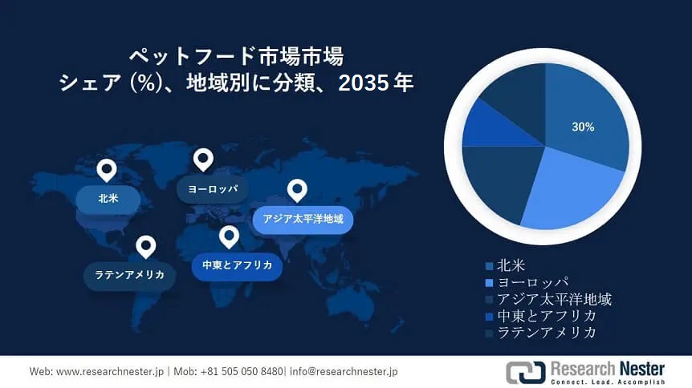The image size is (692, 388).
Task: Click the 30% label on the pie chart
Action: [583, 127]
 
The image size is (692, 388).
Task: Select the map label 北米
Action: [108, 198]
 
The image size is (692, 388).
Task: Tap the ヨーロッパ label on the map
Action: [212, 189]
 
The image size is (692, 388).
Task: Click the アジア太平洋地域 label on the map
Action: [303, 218]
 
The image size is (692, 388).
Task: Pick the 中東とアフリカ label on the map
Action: [237, 265]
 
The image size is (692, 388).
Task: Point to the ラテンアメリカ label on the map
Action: [129, 275]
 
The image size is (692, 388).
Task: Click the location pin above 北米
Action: [106, 170]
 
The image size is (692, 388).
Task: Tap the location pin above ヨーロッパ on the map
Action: [203, 159]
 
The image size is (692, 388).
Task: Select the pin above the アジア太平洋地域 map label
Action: [297, 190]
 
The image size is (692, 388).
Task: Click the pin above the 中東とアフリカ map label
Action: [230, 236]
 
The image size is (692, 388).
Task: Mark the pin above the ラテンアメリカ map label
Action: [145, 246]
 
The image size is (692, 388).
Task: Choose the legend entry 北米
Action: [512, 265]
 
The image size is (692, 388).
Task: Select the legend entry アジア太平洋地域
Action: [554, 299]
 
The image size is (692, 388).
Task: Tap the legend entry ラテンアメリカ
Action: [547, 333]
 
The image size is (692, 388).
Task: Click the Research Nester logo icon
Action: [525, 372]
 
